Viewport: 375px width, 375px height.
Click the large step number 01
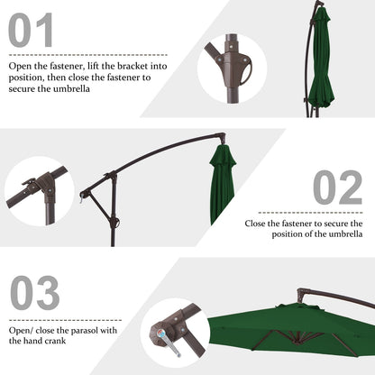point(31,30)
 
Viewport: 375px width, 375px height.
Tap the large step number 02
point(337,187)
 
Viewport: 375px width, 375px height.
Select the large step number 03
point(35,294)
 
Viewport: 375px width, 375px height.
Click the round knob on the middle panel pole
point(114,224)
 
